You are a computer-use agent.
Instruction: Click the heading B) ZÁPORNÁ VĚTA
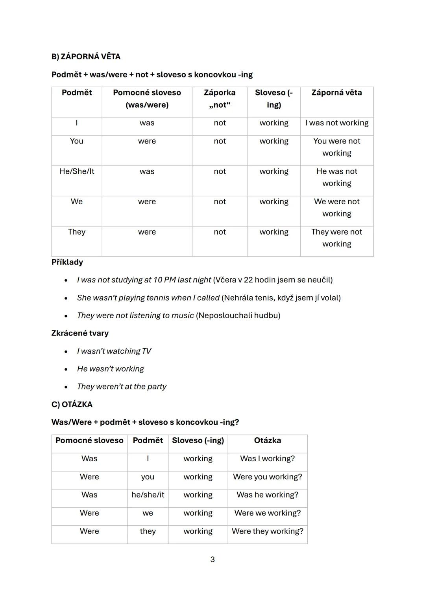pyautogui.click(x=86, y=57)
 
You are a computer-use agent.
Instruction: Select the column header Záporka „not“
pyautogui.click(x=220, y=99)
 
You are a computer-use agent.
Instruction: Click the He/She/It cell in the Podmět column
pyautogui.click(x=77, y=171)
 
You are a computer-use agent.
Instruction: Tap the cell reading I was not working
pyautogui.click(x=337, y=123)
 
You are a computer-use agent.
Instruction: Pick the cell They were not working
pyautogui.click(x=337, y=238)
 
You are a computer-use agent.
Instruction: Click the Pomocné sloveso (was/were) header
pyautogui.click(x=147, y=99)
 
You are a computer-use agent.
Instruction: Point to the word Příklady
pyautogui.click(x=67, y=262)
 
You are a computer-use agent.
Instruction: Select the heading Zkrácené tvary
pyautogui.click(x=80, y=333)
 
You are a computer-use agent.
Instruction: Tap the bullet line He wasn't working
pyautogui.click(x=111, y=369)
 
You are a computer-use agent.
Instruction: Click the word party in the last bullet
pyautogui.click(x=157, y=387)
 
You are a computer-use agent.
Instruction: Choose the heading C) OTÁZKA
pyautogui.click(x=72, y=404)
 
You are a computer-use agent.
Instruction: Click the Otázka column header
pyautogui.click(x=268, y=440)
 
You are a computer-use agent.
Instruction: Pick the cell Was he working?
pyautogui.click(x=268, y=495)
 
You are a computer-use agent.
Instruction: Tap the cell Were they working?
pyautogui.click(x=268, y=531)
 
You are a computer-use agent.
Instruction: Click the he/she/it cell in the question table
pyautogui.click(x=148, y=495)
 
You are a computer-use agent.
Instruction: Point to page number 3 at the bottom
pyautogui.click(x=213, y=560)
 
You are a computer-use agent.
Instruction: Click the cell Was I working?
pyautogui.click(x=268, y=459)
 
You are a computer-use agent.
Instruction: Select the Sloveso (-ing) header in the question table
pyautogui.click(x=198, y=440)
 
